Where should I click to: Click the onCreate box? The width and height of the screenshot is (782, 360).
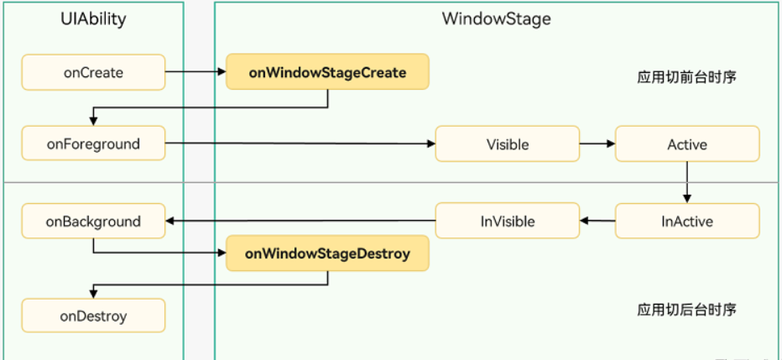click(93, 73)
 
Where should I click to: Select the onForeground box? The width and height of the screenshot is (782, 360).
click(93, 143)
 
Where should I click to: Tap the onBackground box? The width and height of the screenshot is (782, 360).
click(93, 222)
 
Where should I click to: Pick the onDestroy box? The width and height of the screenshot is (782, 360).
click(93, 316)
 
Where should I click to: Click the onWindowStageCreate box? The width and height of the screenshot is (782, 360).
click(327, 72)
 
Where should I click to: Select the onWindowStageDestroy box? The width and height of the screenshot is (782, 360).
click(327, 253)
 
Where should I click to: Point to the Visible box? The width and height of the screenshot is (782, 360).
click(507, 144)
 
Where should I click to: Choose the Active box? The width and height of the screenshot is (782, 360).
click(687, 144)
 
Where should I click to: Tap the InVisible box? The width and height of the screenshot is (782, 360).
click(507, 222)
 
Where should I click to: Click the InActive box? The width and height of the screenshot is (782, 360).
click(687, 222)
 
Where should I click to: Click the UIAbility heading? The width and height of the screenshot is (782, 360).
click(93, 19)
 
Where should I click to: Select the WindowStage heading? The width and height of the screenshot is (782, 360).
click(497, 19)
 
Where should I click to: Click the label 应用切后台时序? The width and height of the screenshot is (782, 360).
click(686, 310)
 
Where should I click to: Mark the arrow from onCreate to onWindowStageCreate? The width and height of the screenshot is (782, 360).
click(195, 73)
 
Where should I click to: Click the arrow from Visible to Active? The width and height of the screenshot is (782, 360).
click(597, 144)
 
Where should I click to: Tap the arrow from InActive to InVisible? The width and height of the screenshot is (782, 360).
click(597, 222)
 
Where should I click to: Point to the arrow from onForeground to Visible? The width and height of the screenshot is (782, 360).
click(300, 144)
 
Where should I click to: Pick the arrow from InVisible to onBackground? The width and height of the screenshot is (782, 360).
click(300, 222)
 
